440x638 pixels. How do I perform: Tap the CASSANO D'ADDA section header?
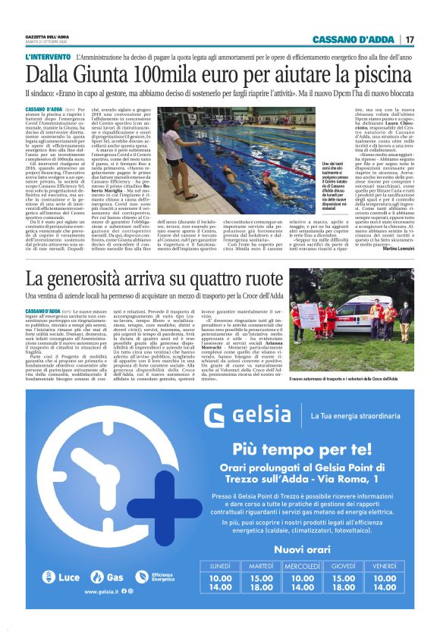(354, 39)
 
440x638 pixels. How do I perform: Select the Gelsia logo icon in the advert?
(215, 416)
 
